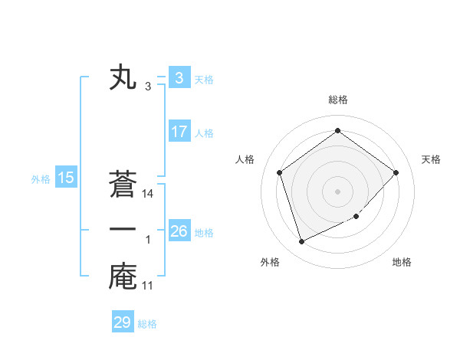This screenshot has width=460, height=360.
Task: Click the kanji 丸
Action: (x=123, y=78)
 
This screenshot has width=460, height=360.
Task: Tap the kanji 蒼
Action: (x=123, y=185)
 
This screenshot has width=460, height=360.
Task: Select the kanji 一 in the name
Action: (x=123, y=231)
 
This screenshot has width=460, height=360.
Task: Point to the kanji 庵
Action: (x=123, y=277)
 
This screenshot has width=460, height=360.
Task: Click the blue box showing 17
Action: (x=179, y=132)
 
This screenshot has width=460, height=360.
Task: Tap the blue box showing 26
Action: (x=179, y=231)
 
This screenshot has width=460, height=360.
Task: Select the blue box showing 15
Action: (x=66, y=178)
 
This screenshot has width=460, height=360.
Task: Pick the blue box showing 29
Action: (x=123, y=322)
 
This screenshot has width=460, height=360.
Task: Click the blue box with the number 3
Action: (x=179, y=78)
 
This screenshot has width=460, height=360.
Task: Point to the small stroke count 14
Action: (x=149, y=195)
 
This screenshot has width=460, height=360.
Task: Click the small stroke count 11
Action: (x=149, y=286)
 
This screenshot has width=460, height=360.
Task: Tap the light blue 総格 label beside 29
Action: (x=147, y=324)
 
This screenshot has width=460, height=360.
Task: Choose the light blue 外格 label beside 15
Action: (x=41, y=179)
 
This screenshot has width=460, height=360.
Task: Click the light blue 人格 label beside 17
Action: (x=204, y=133)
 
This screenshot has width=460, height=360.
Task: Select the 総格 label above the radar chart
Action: (x=337, y=100)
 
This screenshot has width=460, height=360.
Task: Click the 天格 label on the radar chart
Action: (x=431, y=159)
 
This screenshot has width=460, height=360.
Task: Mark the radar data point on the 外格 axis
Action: (x=301, y=241)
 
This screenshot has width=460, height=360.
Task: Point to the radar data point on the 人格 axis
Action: (x=279, y=172)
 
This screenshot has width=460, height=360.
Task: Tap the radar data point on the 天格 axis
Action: (x=396, y=172)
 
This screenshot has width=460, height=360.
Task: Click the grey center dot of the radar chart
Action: (x=337, y=191)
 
